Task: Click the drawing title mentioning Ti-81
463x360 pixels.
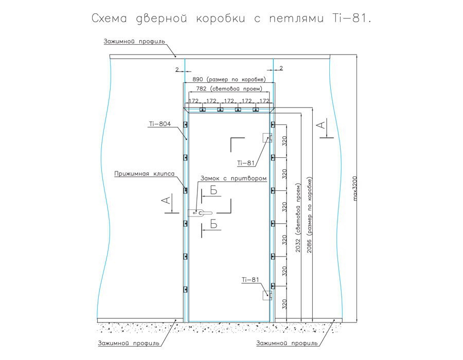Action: pos(231,19)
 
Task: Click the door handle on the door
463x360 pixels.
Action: pos(200,212)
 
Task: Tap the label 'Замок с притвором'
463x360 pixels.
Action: pos(233,178)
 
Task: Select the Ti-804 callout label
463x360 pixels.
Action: pos(160,124)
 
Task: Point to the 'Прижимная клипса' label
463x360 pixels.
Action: pos(145,173)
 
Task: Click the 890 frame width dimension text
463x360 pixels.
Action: pos(229,79)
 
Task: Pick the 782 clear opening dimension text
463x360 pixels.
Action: pos(229,88)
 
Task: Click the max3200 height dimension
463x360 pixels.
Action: pos(355,189)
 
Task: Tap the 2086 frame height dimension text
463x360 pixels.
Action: pos(309,215)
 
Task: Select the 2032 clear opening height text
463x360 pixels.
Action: pos(298,218)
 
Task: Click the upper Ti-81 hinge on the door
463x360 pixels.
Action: pos(267,138)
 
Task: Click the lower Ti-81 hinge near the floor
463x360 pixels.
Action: pos(267,295)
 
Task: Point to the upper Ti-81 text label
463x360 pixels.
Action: pos(246,163)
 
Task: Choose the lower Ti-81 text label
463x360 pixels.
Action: pos(251,279)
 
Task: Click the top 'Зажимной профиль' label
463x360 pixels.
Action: pos(134,41)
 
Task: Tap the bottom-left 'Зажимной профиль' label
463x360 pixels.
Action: pos(129,343)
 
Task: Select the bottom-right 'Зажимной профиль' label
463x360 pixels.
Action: pos(287,343)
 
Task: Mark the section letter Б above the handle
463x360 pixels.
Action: pos(214,191)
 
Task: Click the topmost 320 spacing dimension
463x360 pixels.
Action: pos(284,141)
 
